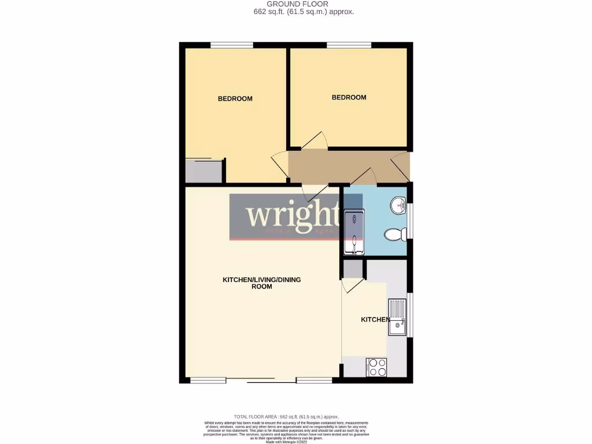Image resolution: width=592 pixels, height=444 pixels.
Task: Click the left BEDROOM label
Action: [235, 99]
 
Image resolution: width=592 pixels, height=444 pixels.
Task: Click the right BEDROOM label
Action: [349, 98]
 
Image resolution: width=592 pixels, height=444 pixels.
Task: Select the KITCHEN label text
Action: [375, 320]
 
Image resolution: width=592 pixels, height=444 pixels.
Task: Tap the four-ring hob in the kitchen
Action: [376, 367]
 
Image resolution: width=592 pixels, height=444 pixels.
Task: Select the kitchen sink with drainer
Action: [397, 317]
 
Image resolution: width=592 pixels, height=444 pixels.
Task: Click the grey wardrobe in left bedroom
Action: [203, 171]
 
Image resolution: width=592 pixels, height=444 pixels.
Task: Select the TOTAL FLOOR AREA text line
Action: [286, 416]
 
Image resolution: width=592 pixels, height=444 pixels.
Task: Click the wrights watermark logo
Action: [287, 217]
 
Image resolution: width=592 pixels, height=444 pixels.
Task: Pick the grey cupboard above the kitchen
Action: [353, 269]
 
